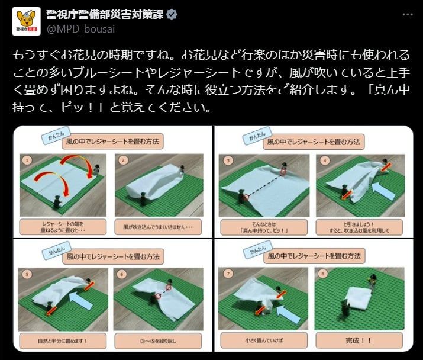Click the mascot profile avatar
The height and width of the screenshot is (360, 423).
coord(25,20)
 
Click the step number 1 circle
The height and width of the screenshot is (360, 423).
coord(25,160)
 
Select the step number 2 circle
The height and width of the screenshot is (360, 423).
coord(123,160)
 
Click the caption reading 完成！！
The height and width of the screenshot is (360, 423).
coord(358,341)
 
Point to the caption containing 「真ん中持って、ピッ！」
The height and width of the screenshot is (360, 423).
coord(260,227)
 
